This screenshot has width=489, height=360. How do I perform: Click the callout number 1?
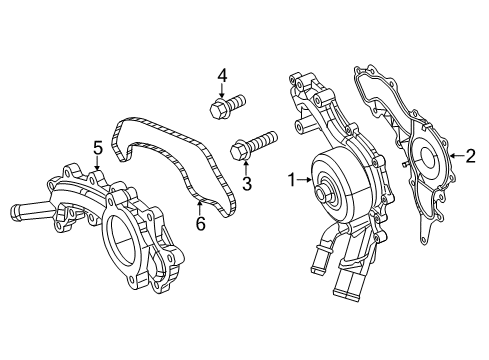pyautogui.click(x=293, y=181)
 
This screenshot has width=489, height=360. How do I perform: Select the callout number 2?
pyautogui.click(x=469, y=156)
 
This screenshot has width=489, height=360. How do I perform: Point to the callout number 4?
pyautogui.click(x=223, y=74)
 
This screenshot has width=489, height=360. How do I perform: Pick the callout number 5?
pyautogui.click(x=98, y=149)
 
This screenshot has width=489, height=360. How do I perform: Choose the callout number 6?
pyautogui.click(x=200, y=224)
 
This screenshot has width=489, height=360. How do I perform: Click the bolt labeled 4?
pyautogui.click(x=230, y=105)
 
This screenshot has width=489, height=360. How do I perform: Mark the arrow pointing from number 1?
pyautogui.click(x=305, y=181)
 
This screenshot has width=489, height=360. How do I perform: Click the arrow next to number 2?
pyautogui.click(x=455, y=156)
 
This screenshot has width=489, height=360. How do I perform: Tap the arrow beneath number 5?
pyautogui.click(x=98, y=164)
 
